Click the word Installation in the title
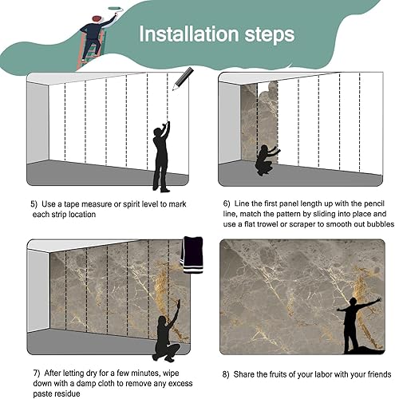click(x=188, y=34)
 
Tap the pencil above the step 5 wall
click(x=183, y=79)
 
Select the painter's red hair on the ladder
click(x=97, y=19)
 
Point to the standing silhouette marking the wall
click(x=161, y=156)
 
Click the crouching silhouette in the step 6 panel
click(x=266, y=160)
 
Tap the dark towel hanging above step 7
click(x=192, y=255)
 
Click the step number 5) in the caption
click(x=34, y=204)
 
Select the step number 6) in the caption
click(x=227, y=203)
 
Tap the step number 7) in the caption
click(x=37, y=373)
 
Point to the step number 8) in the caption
click(x=226, y=374)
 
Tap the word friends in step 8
click(x=379, y=374)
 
